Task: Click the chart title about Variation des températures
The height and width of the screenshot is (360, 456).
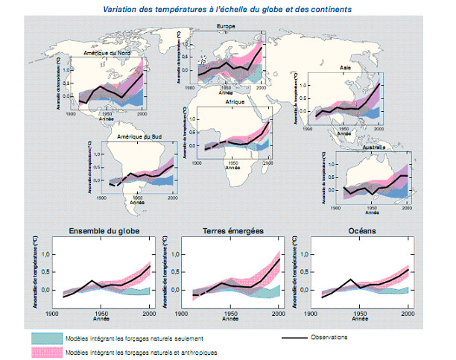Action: pyautogui.click(x=228, y=8)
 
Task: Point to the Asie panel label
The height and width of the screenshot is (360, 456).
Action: pyautogui.click(x=345, y=67)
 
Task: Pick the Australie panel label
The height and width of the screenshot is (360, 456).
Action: pyautogui.click(x=372, y=148)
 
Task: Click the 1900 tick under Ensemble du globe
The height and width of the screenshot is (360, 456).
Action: pyautogui.click(x=51, y=312)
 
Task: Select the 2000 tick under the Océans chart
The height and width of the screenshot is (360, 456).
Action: pyautogui.click(x=408, y=312)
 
